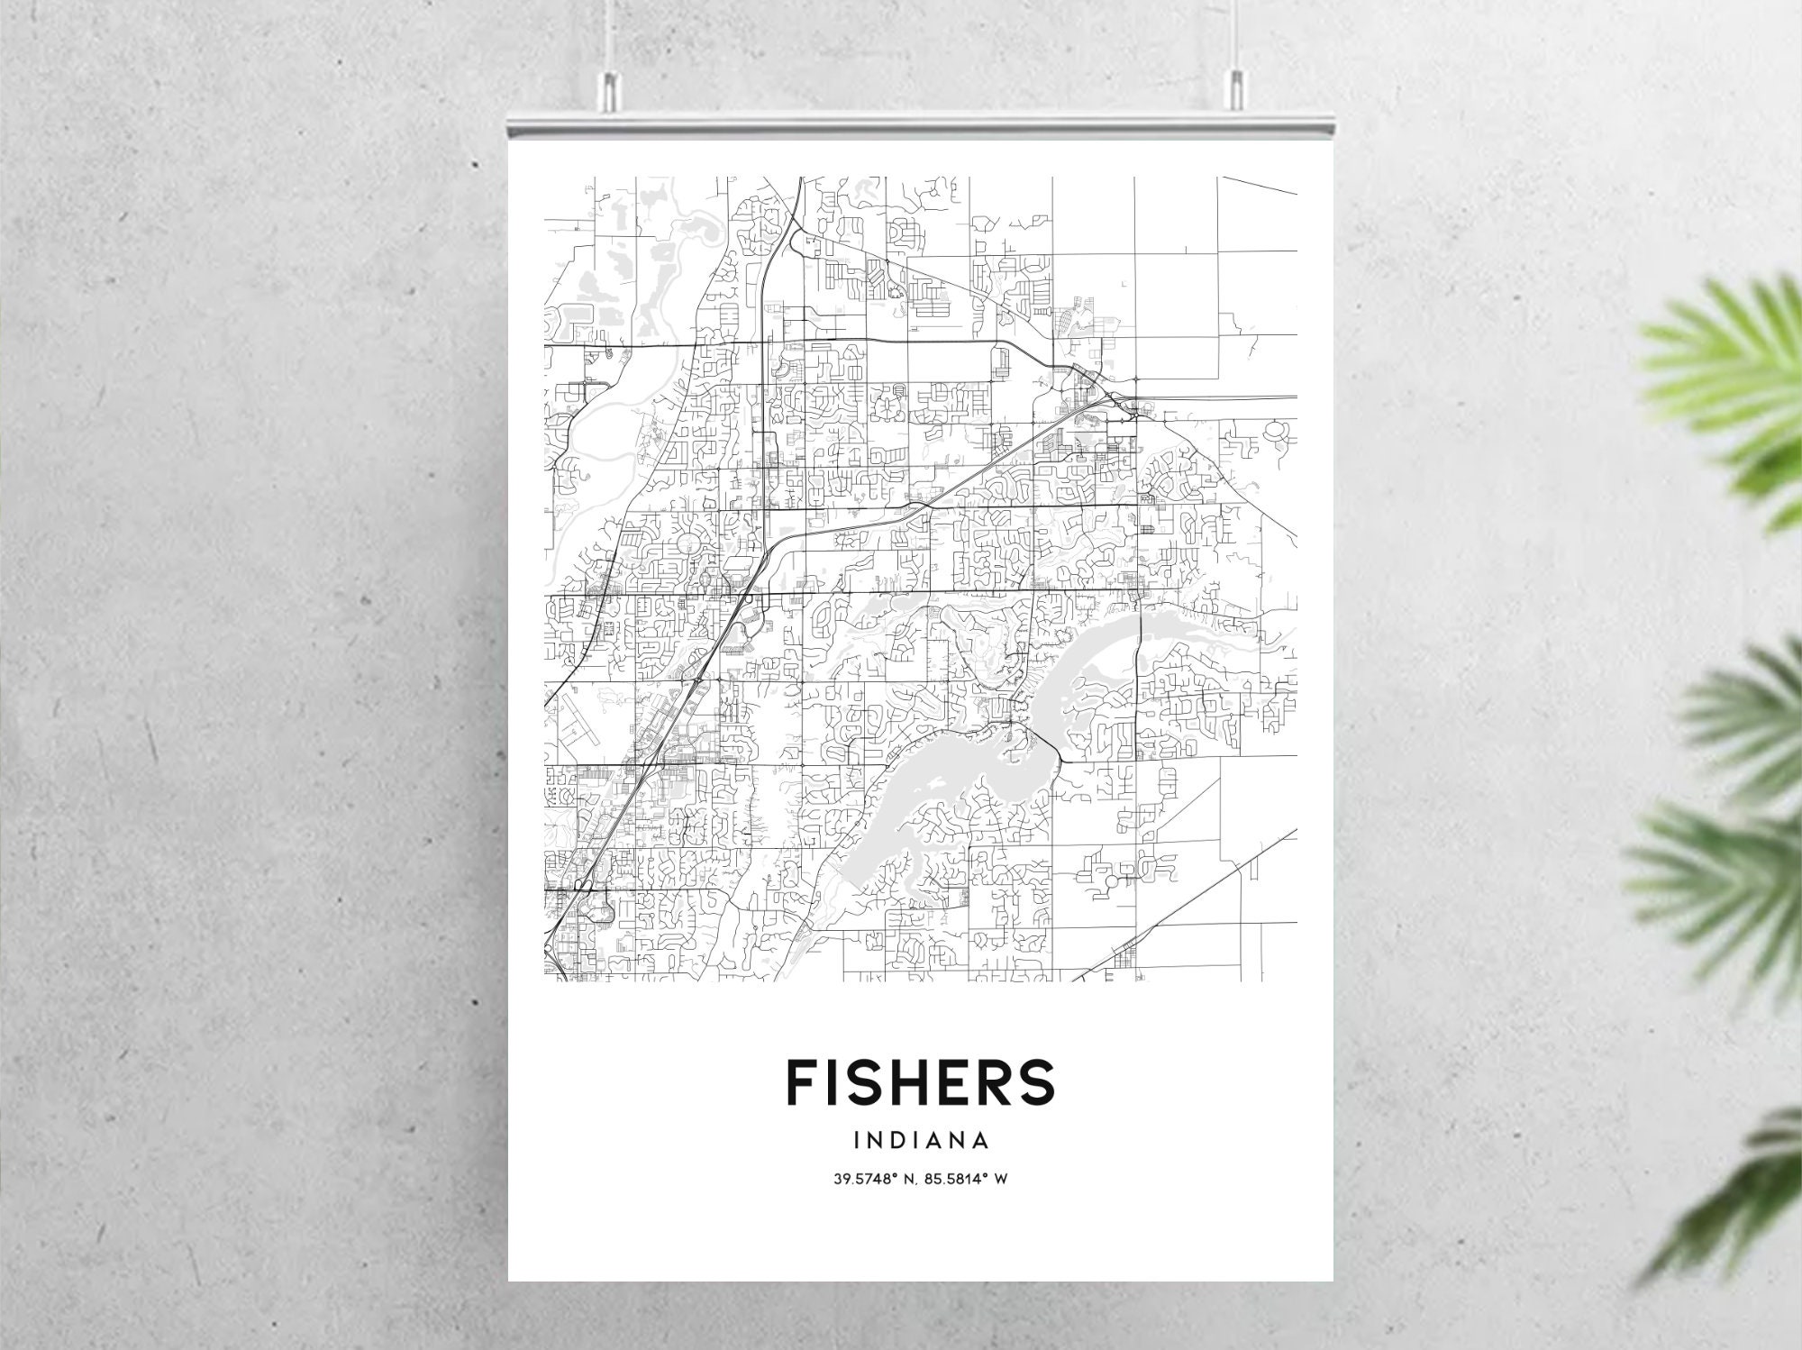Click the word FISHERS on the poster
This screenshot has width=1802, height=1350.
point(920,1081)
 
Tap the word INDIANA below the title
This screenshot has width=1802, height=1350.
point(920,1141)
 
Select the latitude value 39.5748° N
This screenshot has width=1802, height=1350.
point(868,1179)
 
